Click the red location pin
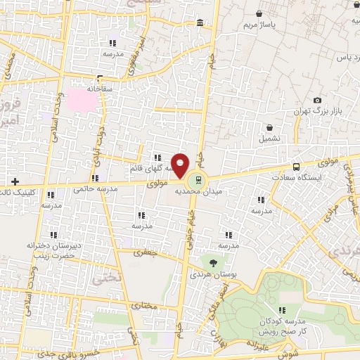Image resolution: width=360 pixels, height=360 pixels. (180, 165)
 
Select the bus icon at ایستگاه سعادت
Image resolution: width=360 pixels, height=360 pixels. (296, 167)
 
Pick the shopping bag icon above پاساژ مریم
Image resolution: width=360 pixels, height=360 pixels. (259, 13)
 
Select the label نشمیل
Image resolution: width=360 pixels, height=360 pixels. (269, 139)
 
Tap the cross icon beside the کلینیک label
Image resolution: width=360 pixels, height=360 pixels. (14, 181)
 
